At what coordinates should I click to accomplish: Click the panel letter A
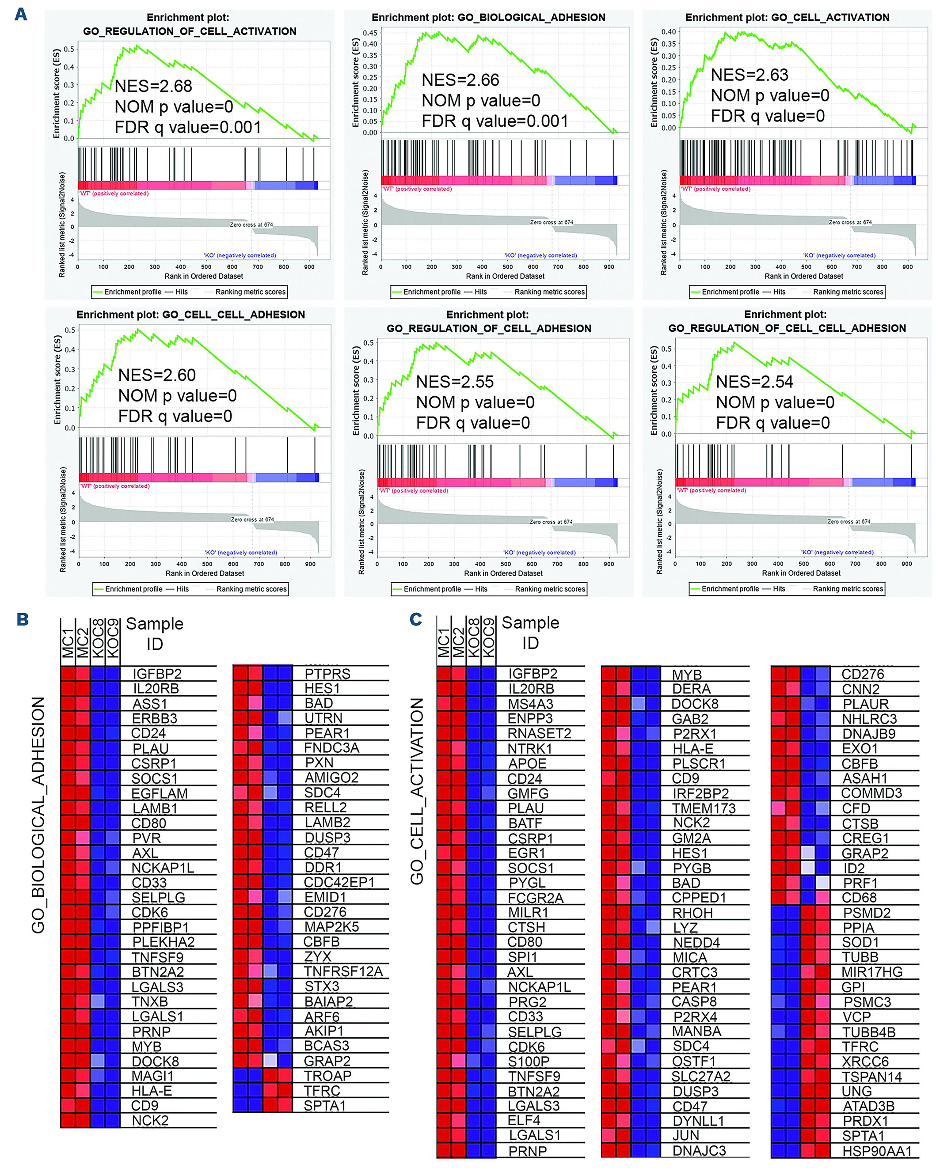pyautogui.click(x=21, y=14)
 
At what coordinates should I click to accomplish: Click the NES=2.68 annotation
pyautogui.click(x=153, y=86)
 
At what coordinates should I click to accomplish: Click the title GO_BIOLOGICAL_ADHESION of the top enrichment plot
pyautogui.click(x=531, y=17)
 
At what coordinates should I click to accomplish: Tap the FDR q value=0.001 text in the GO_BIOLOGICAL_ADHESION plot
pyautogui.click(x=495, y=121)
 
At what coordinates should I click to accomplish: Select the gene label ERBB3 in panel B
pyautogui.click(x=155, y=718)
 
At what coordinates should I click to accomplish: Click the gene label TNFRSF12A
pyautogui.click(x=343, y=971)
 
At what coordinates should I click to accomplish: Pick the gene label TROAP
pyautogui.click(x=327, y=1075)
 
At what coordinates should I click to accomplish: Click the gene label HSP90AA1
pyautogui.click(x=877, y=1151)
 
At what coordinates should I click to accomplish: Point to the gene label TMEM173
pyautogui.click(x=704, y=808)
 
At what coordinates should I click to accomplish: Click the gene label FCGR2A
pyautogui.click(x=536, y=898)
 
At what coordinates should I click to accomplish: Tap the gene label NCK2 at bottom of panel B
pyautogui.click(x=150, y=1120)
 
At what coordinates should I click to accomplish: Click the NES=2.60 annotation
pyautogui.click(x=156, y=375)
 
